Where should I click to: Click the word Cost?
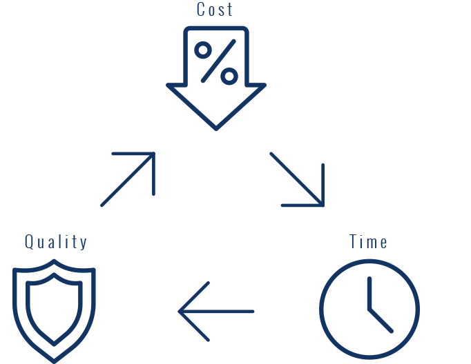(215, 10)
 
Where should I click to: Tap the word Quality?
(56, 242)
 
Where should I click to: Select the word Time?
(368, 242)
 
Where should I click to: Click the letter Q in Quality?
(30, 242)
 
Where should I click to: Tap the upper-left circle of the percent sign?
(203, 50)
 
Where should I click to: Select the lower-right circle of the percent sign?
(229, 74)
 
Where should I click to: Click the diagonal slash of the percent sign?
(216, 62)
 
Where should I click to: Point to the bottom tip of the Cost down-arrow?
(215, 128)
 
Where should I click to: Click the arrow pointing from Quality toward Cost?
(128, 179)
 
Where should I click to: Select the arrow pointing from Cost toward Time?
(297, 179)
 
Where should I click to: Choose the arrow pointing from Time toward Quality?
(216, 312)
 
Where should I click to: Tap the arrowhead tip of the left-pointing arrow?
(180, 312)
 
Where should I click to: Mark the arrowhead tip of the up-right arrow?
(153, 154)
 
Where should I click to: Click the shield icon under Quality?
(55, 310)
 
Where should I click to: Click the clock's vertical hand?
(369, 293)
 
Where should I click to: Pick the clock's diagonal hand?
(381, 320)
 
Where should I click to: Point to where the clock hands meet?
(369, 309)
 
